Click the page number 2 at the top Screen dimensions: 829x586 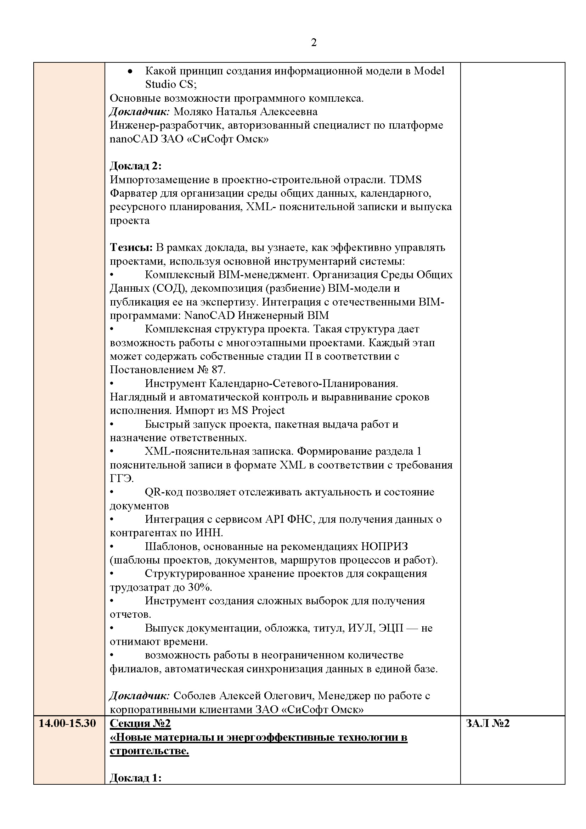314,43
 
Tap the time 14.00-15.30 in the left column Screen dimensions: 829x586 67,723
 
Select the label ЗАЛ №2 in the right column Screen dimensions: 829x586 488,723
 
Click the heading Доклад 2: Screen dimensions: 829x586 135,166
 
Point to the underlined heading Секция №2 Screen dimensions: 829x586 140,723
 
